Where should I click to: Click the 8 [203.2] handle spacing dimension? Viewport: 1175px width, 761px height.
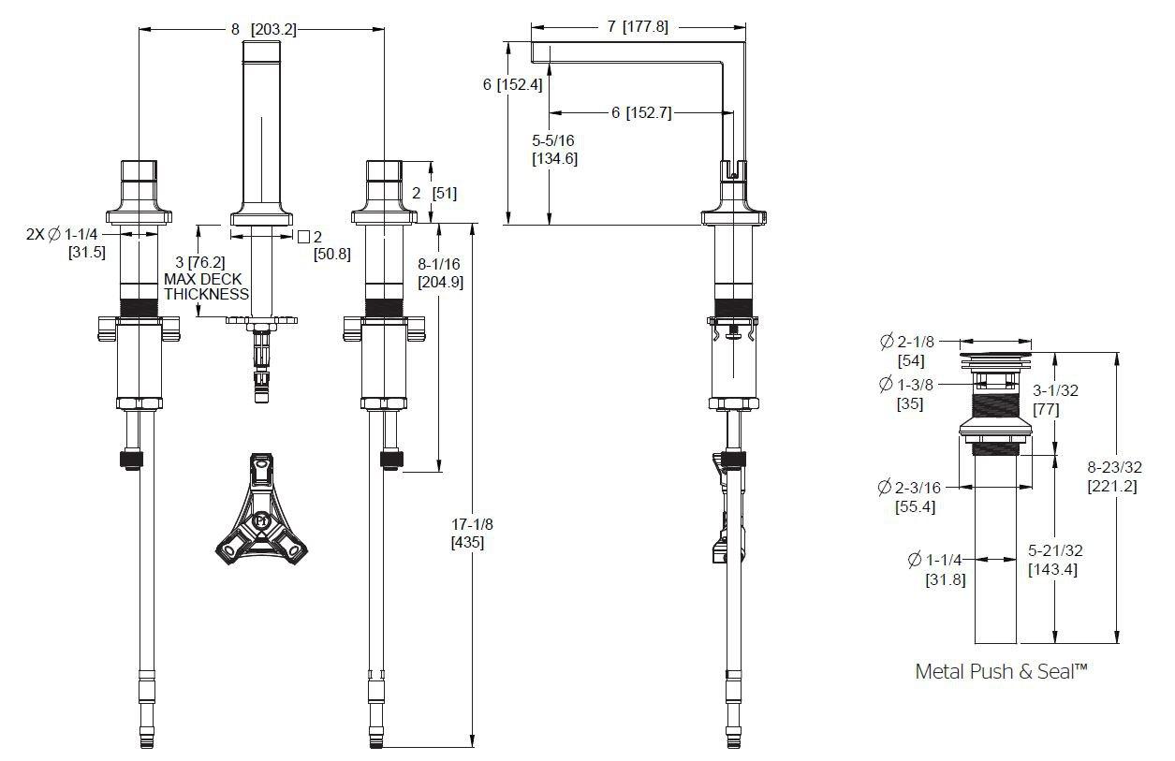tap(264, 29)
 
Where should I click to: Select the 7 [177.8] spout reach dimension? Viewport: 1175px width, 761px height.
tap(638, 26)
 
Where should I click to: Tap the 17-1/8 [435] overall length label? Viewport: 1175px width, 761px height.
tap(472, 533)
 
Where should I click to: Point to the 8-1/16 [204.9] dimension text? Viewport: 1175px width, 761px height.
tap(440, 272)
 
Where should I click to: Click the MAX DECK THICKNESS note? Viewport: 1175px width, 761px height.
tap(206, 286)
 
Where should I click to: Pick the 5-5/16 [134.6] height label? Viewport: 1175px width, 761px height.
tap(554, 150)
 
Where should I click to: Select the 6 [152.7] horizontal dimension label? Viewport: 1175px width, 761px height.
tap(641, 112)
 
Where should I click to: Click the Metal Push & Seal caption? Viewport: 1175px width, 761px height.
tap(1001, 671)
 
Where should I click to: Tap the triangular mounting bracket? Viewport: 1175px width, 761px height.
tap(261, 509)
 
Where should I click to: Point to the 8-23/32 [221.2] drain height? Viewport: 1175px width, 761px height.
tap(1114, 476)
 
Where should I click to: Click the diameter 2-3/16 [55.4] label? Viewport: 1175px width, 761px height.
tap(916, 497)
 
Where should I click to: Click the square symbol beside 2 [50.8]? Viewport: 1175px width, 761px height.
tap(303, 237)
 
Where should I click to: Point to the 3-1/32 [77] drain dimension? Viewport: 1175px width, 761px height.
tap(1055, 400)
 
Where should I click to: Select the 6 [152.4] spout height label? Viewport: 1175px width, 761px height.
tap(512, 84)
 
